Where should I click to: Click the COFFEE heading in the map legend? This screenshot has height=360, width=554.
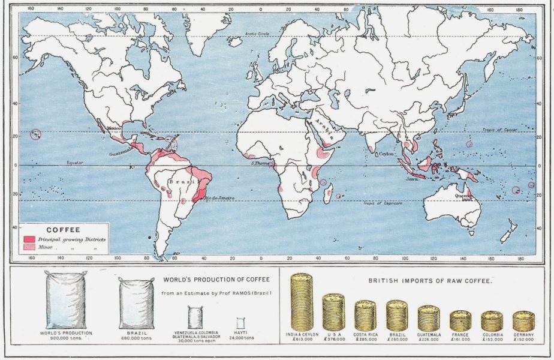tap(63, 229)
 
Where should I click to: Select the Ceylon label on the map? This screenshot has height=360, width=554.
tap(387, 154)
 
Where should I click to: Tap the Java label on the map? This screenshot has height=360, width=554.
tap(411, 179)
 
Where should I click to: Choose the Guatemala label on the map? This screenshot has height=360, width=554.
tap(120, 154)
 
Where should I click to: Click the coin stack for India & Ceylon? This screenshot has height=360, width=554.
tap(302, 301)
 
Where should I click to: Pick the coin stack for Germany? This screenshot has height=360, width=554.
tap(523, 321)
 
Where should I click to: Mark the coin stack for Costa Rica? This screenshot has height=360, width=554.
tap(365, 315)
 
